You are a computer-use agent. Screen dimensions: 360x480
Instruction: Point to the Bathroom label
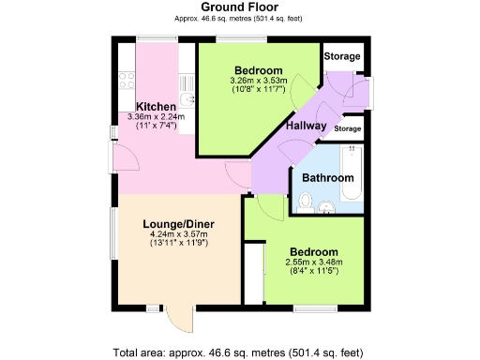tap(327, 178)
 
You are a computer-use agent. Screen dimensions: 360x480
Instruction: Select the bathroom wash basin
tap(328, 207)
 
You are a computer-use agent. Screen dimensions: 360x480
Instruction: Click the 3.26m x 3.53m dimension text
tap(258, 82)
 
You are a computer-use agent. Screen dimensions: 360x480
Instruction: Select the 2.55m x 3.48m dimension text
tap(313, 262)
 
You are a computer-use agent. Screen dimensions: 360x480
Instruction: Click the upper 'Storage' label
tap(341, 56)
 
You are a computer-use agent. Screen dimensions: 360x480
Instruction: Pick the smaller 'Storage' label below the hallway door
tap(347, 127)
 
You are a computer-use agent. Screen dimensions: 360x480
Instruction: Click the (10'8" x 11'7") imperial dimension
tap(258, 91)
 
